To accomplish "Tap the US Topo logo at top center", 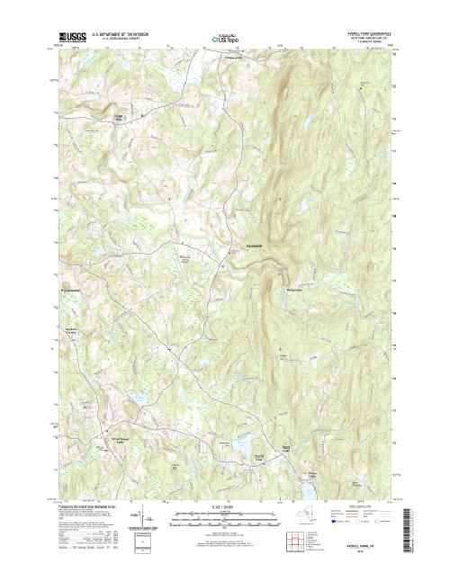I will pos(225,39).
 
